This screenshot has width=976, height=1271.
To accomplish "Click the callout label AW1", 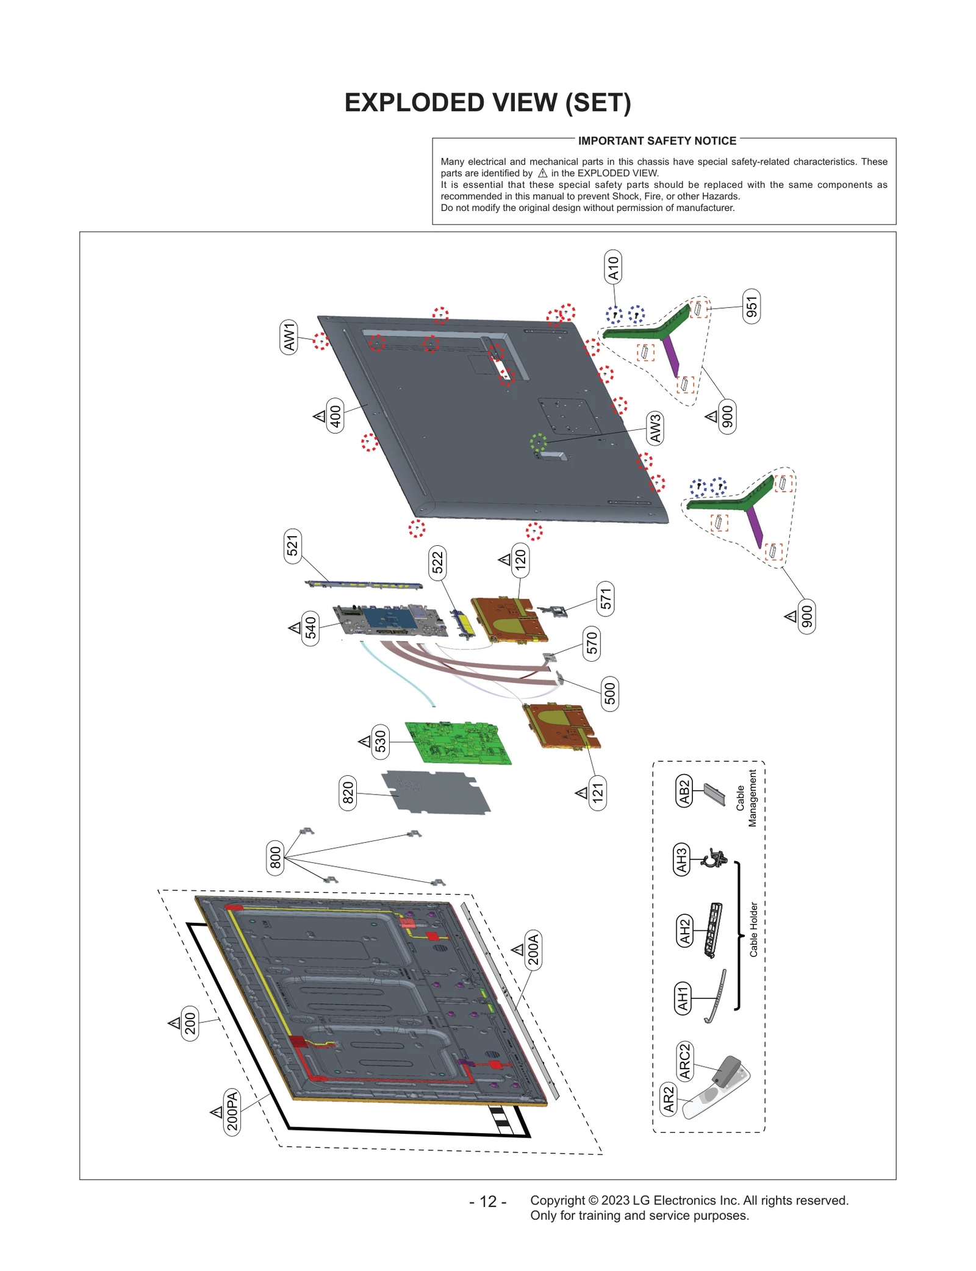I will [289, 336].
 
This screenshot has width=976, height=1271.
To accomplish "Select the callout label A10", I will [613, 268].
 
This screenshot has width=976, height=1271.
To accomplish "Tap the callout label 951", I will [752, 307].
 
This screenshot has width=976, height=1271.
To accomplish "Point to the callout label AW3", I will [655, 428].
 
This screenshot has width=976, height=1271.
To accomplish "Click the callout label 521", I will [293, 546].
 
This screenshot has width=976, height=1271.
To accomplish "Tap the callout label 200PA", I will [232, 1111].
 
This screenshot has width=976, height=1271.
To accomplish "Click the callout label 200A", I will [533, 949].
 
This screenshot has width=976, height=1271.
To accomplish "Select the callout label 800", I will [276, 857].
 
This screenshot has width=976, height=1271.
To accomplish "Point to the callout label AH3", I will [681, 860].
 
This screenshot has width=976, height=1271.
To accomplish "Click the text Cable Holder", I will [753, 929].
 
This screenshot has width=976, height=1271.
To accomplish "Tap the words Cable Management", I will [746, 798].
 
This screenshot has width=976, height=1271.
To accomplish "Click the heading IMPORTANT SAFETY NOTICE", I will [657, 141].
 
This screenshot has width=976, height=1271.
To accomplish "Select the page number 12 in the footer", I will [488, 1201].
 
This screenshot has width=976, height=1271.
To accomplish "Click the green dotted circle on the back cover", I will [538, 442].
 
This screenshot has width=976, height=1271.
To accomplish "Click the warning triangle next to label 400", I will [319, 417].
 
